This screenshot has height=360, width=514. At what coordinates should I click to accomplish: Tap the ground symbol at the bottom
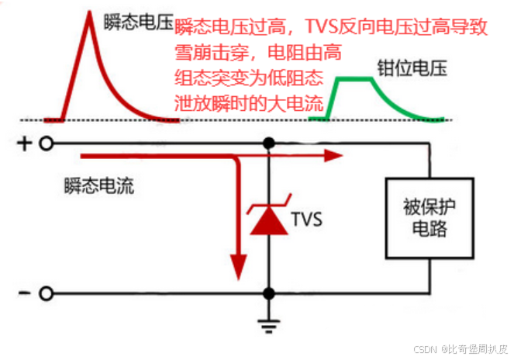[x=269, y=324]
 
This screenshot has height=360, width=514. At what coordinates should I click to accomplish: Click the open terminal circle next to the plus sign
[x=47, y=144]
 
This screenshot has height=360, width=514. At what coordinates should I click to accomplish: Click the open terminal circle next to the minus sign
[x=47, y=293]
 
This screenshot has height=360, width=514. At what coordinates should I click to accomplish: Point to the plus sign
[x=24, y=144]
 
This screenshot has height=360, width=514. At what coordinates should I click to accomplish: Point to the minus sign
[x=24, y=293]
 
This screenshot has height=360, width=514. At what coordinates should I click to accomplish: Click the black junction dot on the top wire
[x=269, y=144]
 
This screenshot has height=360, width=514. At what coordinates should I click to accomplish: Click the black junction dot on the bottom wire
[x=269, y=293]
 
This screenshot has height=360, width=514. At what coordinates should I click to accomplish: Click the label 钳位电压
[x=412, y=67]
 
